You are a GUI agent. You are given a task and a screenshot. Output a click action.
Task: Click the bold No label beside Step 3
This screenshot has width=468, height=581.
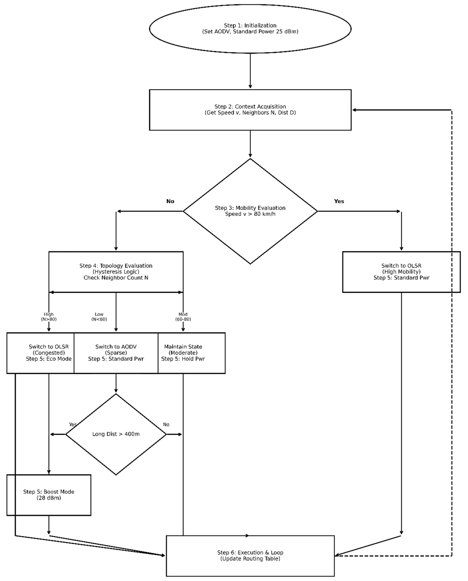coord(170,201)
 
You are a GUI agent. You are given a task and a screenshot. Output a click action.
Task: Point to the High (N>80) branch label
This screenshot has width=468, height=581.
coord(49,317)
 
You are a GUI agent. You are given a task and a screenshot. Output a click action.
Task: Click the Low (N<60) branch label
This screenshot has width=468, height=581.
coord(99,317)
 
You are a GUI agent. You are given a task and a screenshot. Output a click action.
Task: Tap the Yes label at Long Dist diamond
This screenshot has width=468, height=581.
coord(72,425)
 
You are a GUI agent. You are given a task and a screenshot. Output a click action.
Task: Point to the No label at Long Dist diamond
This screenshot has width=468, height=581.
coord(166,425)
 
